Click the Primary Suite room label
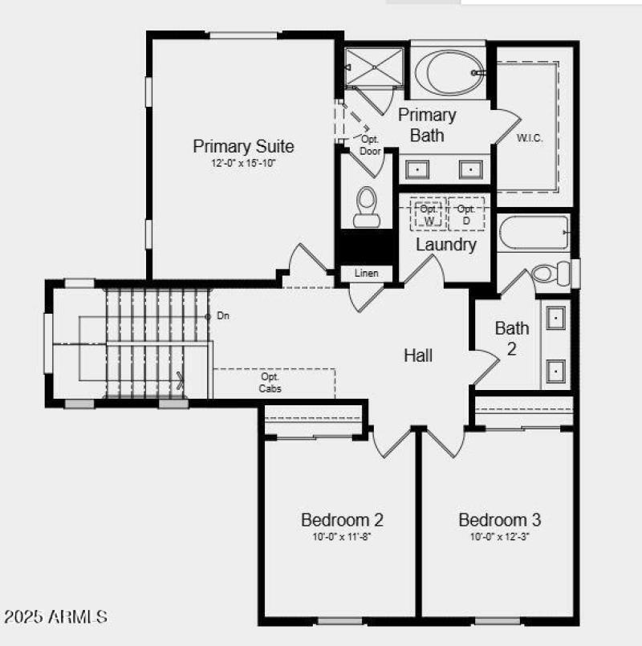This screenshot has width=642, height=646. pos(243,146)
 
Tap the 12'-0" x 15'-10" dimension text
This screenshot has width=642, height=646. pos(243,163)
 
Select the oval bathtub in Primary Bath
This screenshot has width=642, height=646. pos(451,73)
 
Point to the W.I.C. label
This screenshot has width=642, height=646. pos(530,138)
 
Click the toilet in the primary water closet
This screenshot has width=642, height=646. pos(368,207)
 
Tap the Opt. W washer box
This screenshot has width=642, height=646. pos(428,214)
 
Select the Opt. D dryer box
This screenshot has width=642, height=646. pos(465,214)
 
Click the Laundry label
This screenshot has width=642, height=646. pos(445,245)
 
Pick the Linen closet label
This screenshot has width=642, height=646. pos(366,274)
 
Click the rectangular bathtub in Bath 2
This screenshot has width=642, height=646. pos(533,233)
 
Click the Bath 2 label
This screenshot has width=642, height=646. pos(512,338)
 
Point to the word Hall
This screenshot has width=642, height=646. pos(418,355)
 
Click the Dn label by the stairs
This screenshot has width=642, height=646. pos(223,316)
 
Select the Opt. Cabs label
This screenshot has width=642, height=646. pos(270,382)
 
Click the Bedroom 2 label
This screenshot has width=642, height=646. pos(335,519)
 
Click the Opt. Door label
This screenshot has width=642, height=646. pos(370,145)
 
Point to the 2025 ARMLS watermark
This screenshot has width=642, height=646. pos(55,617)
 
